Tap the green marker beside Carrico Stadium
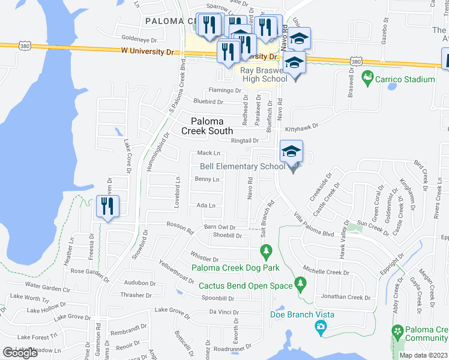(367, 78)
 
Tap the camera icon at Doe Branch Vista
(321, 326)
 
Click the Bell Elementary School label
(242, 166)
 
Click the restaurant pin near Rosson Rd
(107, 206)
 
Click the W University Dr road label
(146, 52)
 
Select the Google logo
(20, 353)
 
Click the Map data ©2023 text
(423, 355)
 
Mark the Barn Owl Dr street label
(220, 227)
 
